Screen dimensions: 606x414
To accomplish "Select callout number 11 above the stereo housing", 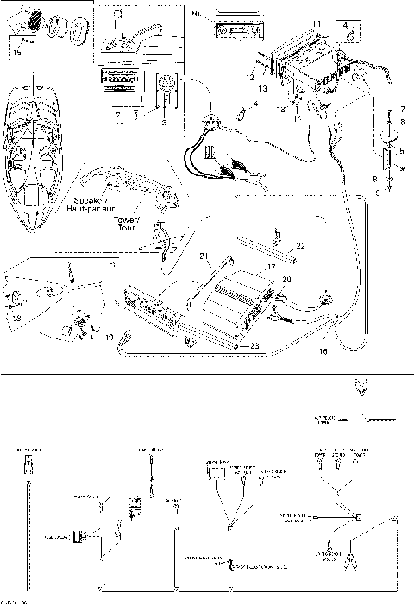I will coord(316,22).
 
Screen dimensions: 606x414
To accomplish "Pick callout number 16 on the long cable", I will coord(323,352).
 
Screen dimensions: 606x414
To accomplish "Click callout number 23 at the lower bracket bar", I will coord(254,345).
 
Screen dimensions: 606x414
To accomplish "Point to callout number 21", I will coord(204,256).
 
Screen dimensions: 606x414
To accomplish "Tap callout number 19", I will coord(109,339).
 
